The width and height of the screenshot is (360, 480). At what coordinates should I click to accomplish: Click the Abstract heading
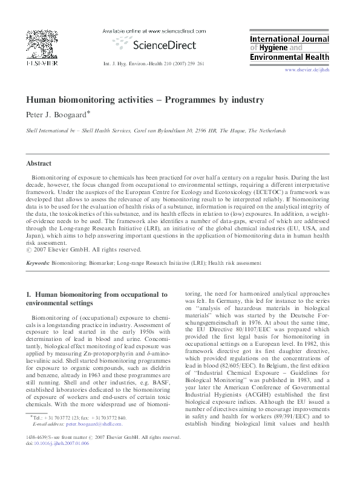[39, 164]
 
